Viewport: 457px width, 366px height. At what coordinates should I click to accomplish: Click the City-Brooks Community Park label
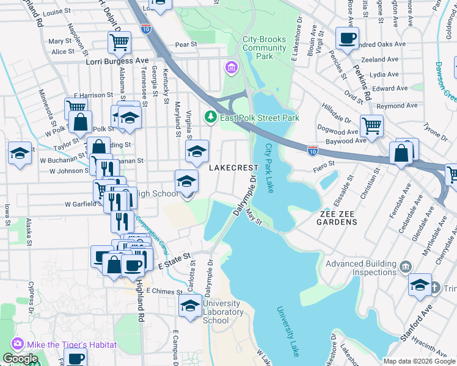click(x=264, y=48)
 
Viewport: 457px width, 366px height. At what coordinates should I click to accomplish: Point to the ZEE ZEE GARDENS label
click(x=338, y=217)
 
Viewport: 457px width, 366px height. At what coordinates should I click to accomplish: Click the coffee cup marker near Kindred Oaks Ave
click(x=348, y=38)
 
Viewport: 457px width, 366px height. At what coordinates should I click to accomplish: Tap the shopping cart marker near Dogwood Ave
click(x=371, y=126)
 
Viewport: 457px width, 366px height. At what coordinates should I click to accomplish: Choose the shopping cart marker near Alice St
click(x=119, y=42)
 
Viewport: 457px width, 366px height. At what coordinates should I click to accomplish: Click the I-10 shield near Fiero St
click(x=312, y=149)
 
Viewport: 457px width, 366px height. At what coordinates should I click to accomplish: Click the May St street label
click(x=254, y=217)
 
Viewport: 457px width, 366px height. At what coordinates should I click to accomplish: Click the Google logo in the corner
click(x=20, y=359)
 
